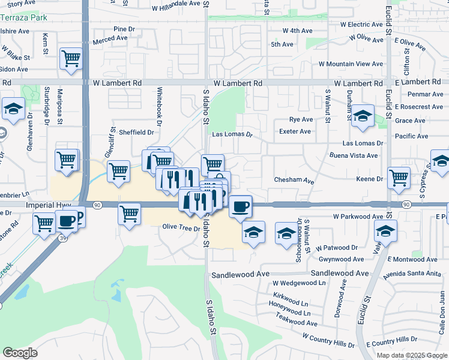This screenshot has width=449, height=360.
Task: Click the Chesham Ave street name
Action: coord(294,180)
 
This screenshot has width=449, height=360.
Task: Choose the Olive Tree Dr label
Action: coord(181,227)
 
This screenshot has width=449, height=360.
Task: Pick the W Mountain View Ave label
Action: coord(351,64)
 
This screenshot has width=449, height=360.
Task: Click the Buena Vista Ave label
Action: coord(354,155)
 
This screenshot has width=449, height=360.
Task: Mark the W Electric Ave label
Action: coord(361,25)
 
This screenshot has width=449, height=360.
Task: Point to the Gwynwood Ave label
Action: coord(342,259)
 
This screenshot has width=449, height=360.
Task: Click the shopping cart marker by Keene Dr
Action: coord(399,178)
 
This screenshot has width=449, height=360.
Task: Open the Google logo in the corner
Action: coord(20,353)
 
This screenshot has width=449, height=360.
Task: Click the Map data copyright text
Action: coord(412,355)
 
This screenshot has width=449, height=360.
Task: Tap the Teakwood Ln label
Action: coord(294,322)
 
